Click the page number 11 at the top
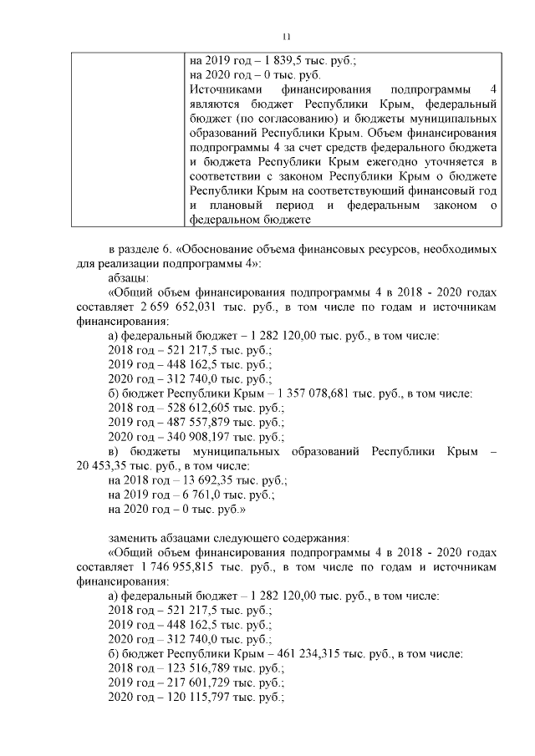(286, 37)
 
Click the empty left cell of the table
(126, 139)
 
